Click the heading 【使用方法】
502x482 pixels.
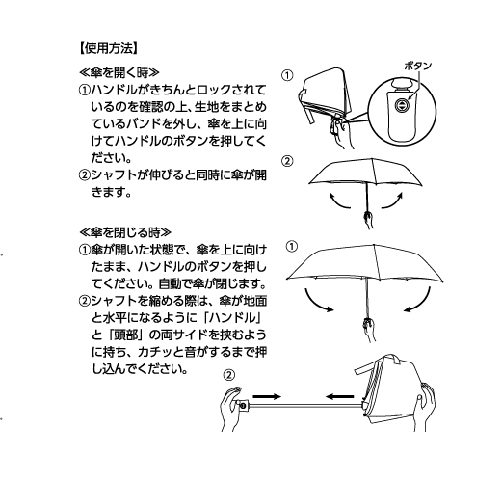tap(109, 49)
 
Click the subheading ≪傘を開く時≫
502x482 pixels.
tap(119, 73)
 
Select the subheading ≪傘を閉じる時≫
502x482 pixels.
tap(125, 232)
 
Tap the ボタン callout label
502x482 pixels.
tap(417, 66)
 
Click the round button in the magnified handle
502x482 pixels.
tap(402, 105)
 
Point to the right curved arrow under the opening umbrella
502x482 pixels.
tap(392, 201)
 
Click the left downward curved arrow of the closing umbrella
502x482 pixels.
tap(317, 302)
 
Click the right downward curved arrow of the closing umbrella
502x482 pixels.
tap(418, 301)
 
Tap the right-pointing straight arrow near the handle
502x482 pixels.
tap(267, 396)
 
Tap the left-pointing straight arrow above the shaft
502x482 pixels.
tap(339, 396)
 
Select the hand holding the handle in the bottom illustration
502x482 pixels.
tap(232, 409)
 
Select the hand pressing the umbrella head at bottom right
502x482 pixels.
tap(424, 407)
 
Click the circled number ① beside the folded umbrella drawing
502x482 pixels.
tap(287, 76)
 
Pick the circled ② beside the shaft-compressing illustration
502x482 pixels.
tap(228, 375)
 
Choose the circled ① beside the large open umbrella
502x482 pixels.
tap(292, 247)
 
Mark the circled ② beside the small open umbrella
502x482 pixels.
tap(287, 161)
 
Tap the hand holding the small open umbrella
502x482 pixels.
tap(368, 219)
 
